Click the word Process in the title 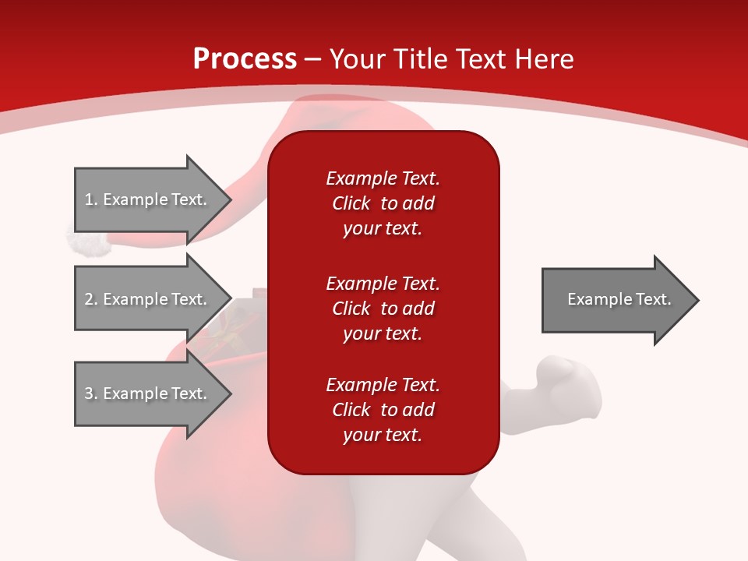pyautogui.click(x=245, y=59)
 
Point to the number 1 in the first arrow pyautogui.click(x=89, y=199)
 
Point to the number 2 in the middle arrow pyautogui.click(x=89, y=299)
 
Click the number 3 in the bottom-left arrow pyautogui.click(x=89, y=393)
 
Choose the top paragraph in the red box pyautogui.click(x=383, y=203)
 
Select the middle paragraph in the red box pyautogui.click(x=383, y=309)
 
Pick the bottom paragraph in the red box pyautogui.click(x=383, y=410)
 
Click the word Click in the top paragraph pyautogui.click(x=351, y=203)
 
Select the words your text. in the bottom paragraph pyautogui.click(x=383, y=435)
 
